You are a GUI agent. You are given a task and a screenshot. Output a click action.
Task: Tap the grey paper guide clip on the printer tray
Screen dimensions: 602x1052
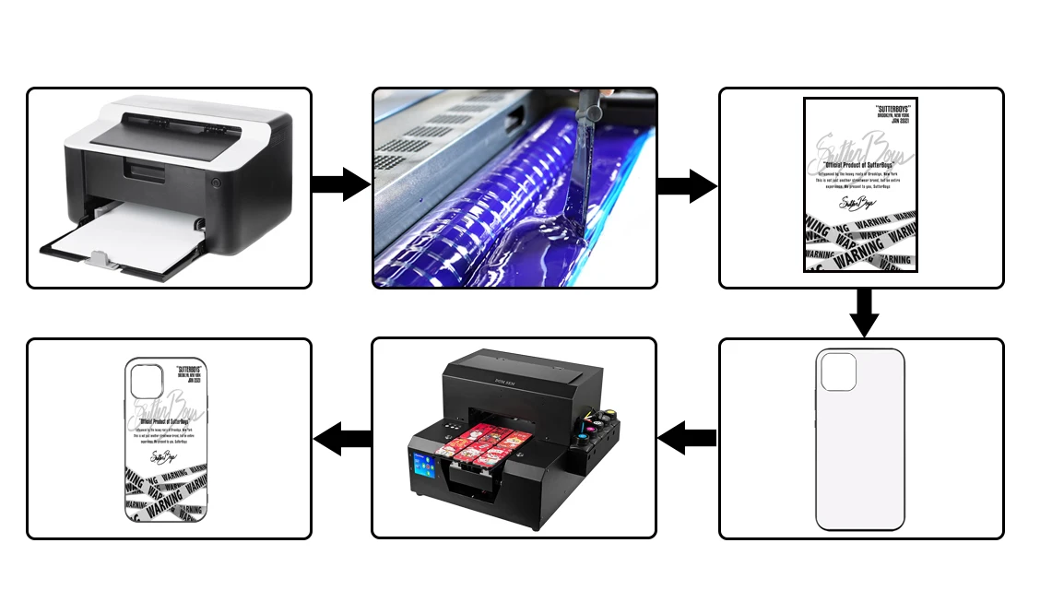[102, 260]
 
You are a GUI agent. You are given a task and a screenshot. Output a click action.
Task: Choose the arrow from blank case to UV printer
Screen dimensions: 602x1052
[687, 437]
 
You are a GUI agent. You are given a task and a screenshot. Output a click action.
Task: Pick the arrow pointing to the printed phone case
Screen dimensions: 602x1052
[341, 437]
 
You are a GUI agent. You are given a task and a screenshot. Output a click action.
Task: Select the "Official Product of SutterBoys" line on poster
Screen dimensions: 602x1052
[860, 170]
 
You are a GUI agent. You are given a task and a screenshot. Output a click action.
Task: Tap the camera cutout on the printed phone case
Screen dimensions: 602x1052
[146, 381]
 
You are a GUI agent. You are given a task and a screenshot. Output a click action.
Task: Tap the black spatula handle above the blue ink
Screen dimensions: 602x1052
[590, 109]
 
